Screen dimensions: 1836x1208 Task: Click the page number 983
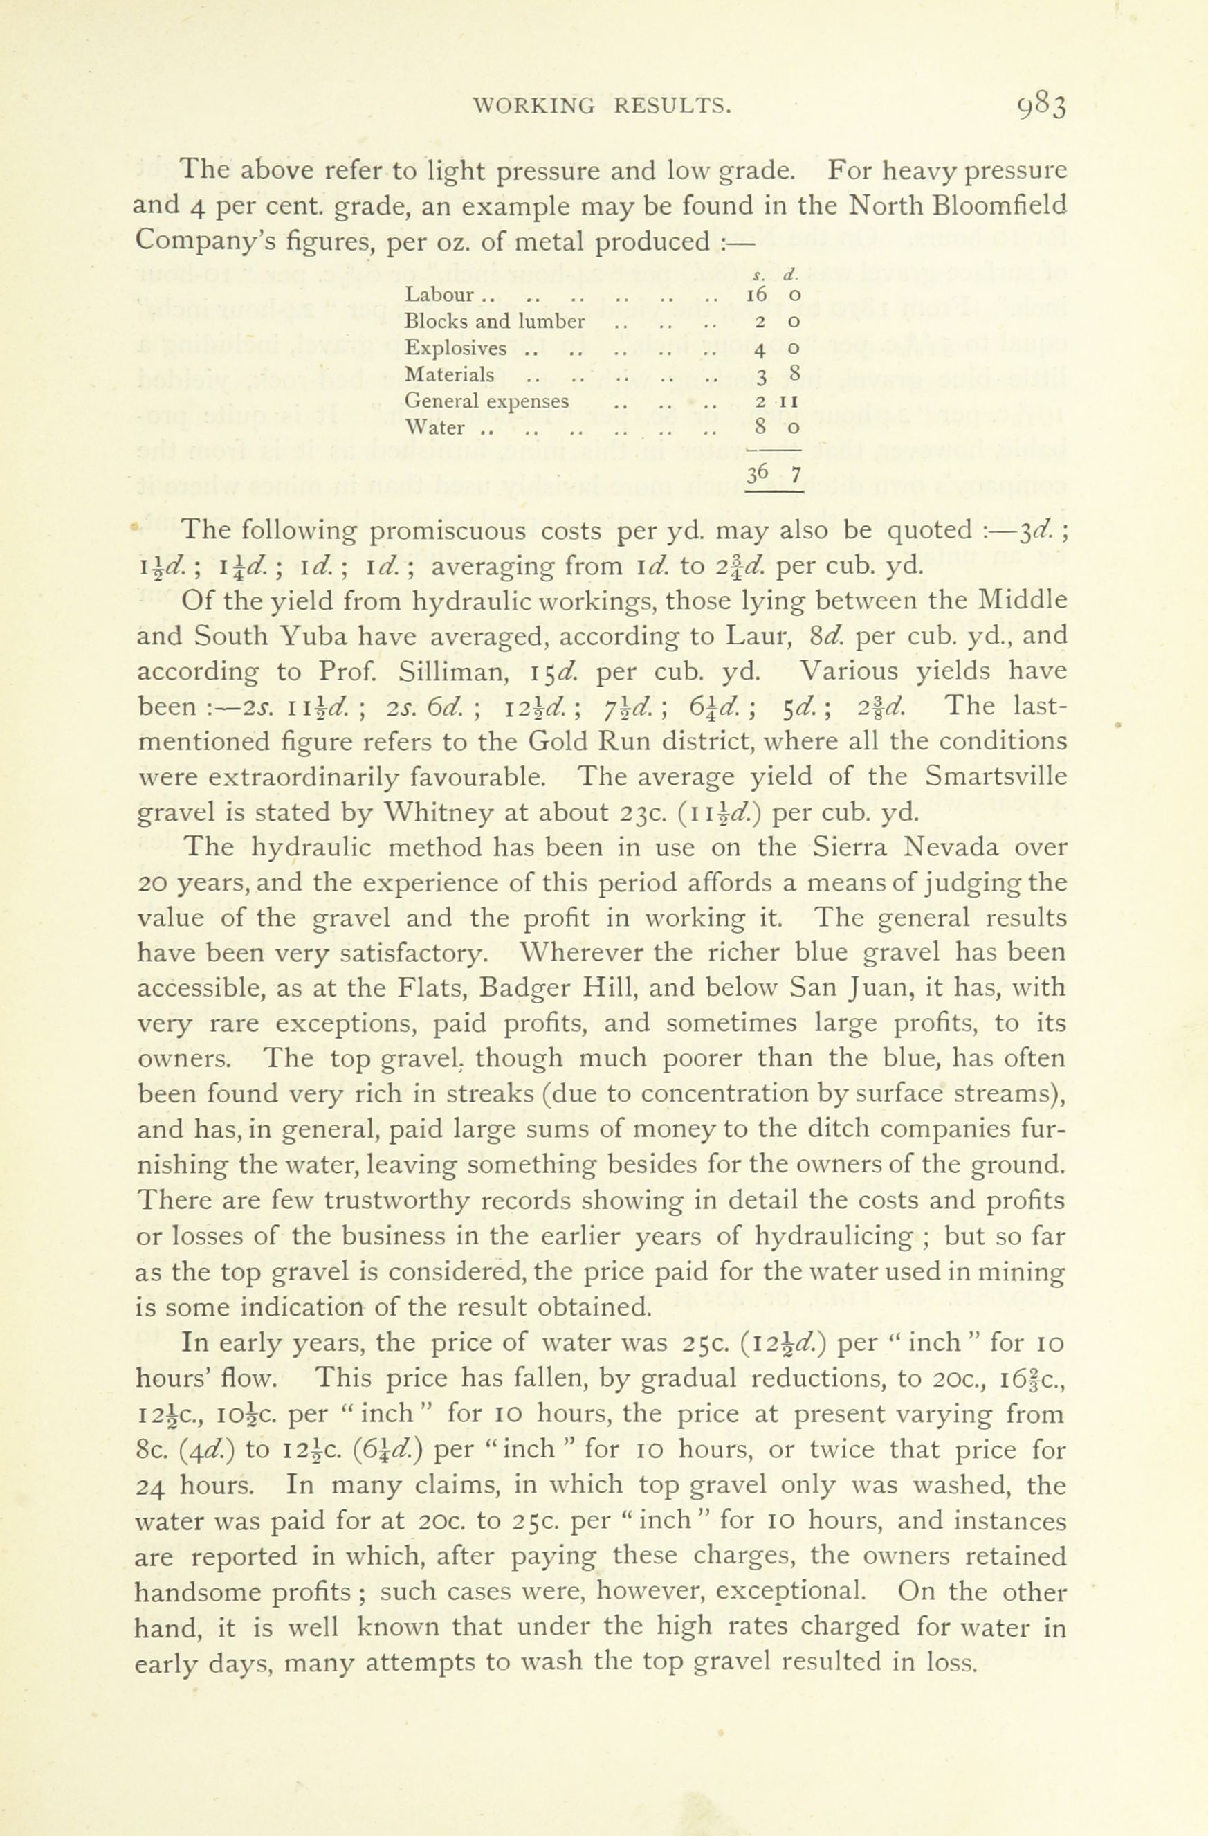tap(1041, 106)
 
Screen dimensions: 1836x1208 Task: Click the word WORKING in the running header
tap(533, 105)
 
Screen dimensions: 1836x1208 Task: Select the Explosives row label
tap(456, 348)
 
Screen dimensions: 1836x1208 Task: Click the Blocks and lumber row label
tap(495, 321)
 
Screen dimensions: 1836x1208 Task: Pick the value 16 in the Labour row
tap(756, 295)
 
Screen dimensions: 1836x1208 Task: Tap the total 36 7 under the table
tap(774, 473)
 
